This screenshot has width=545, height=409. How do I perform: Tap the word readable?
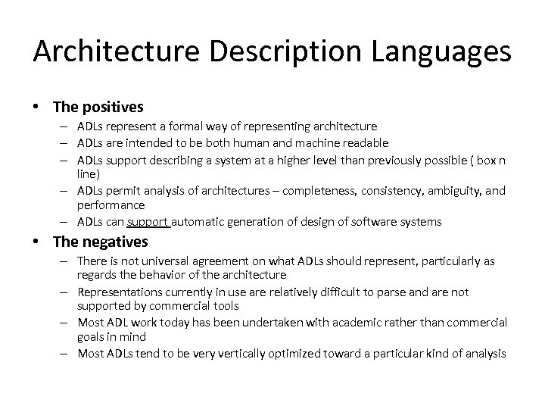[x=368, y=142]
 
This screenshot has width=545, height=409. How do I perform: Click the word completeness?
[x=306, y=192]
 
